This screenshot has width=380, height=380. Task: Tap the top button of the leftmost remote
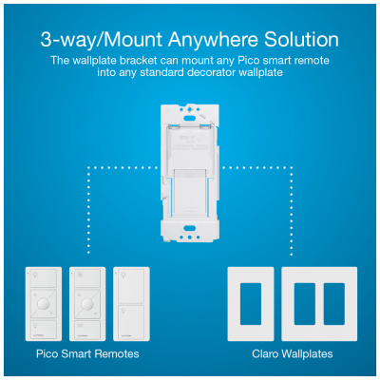(x=44, y=282)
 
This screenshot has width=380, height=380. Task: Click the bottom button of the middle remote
(x=88, y=328)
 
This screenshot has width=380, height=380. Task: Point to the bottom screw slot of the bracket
(x=190, y=228)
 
